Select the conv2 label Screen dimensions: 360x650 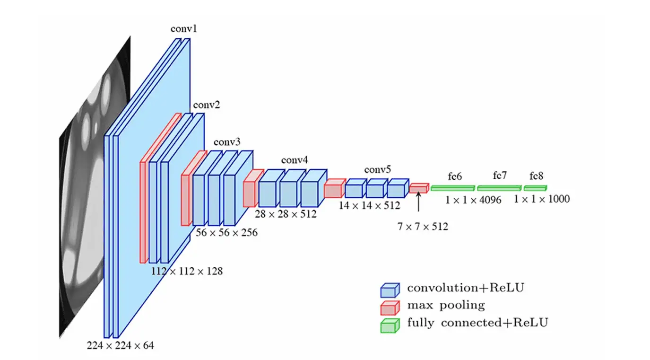tap(206, 104)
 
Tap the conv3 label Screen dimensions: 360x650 tap(227, 142)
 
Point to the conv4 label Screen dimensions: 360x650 tap(295, 160)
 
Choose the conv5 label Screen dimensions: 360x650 tap(377, 169)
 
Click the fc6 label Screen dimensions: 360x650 tap(454, 176)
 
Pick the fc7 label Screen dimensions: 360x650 tap(500, 176)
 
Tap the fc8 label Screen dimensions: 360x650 tap(536, 176)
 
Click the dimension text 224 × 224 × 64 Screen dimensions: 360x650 tap(120, 345)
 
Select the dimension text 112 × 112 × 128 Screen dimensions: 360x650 tap(187, 272)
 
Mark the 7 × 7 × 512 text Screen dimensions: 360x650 tap(422, 227)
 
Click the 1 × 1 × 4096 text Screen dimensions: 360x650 tap(473, 200)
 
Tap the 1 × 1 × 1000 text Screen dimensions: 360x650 tap(542, 199)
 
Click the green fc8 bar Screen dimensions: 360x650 tap(535, 188)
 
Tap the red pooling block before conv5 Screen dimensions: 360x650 tap(334, 188)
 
